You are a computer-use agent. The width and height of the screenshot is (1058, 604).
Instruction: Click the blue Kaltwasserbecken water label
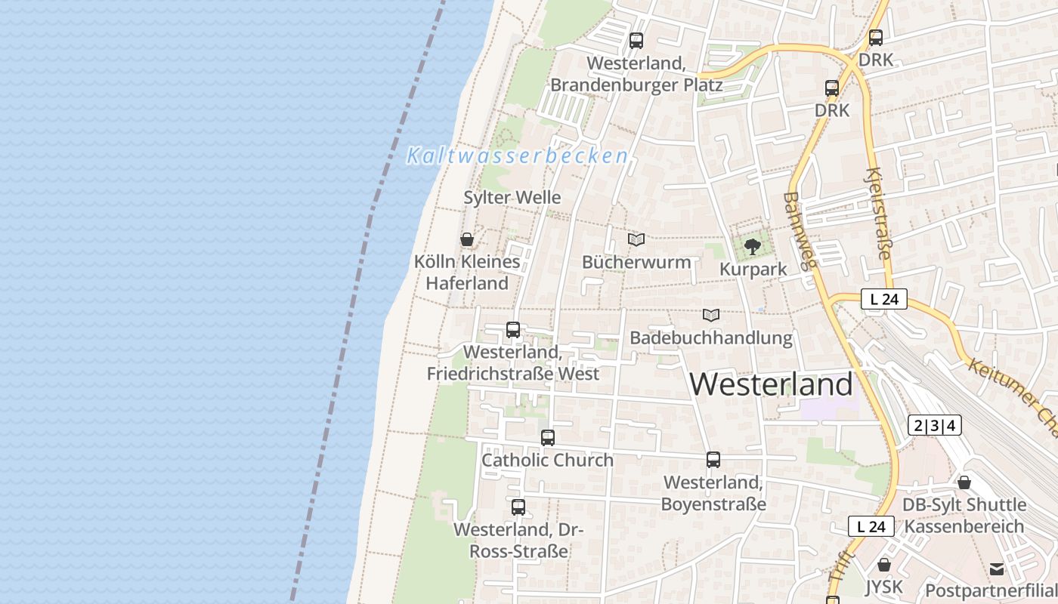click(x=518, y=156)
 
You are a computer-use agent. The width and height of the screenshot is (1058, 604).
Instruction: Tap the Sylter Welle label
click(x=512, y=198)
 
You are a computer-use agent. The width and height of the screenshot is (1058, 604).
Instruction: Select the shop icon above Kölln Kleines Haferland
click(x=467, y=240)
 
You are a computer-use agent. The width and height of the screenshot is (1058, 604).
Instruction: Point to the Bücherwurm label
click(x=636, y=262)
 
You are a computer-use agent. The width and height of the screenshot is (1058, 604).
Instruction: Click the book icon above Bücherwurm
click(x=636, y=240)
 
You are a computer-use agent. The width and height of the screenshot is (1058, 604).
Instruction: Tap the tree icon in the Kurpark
click(x=752, y=246)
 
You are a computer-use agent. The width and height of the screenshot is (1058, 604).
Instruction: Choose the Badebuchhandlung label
click(x=711, y=337)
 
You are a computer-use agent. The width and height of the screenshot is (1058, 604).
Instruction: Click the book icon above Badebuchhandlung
click(x=711, y=315)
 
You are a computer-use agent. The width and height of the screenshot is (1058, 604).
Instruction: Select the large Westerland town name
click(x=771, y=384)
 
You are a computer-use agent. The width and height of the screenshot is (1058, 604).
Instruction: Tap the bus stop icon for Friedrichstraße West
click(x=513, y=330)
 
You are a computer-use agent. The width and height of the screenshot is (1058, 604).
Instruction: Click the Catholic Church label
click(x=547, y=460)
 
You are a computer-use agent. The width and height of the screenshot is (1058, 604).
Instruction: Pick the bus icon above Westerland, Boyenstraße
click(x=713, y=459)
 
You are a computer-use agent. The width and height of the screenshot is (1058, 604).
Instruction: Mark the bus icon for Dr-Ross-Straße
click(x=518, y=507)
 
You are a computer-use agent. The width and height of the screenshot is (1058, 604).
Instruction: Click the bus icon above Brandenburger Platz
click(x=636, y=41)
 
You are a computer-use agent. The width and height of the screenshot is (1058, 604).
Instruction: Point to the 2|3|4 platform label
click(x=935, y=426)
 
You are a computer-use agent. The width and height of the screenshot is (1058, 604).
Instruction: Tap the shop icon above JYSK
click(x=883, y=565)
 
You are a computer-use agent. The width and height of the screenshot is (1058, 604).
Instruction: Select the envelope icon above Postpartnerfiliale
click(x=997, y=569)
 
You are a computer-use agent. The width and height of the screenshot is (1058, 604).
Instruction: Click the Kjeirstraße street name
click(x=879, y=213)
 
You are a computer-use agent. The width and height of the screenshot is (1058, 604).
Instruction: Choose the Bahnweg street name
click(x=800, y=230)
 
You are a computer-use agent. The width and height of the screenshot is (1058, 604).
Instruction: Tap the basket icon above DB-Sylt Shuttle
click(x=964, y=482)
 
